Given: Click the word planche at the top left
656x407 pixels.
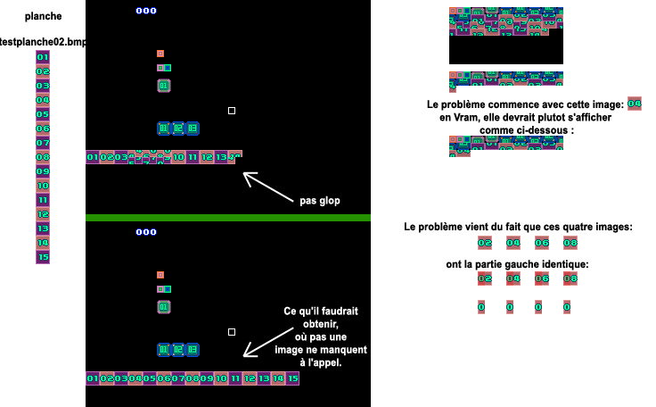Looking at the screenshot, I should (x=43, y=16).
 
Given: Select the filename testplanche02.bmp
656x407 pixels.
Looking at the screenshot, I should (x=45, y=42).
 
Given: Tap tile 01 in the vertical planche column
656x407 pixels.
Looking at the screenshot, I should (x=43, y=57).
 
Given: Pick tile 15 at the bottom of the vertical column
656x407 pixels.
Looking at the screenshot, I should (x=43, y=257).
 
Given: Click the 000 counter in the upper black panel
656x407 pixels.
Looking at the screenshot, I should (x=145, y=11).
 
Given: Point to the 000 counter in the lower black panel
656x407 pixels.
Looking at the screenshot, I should (x=145, y=232).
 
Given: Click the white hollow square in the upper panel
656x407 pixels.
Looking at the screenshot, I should (x=232, y=111).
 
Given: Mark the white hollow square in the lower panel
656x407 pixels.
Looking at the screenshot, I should (x=232, y=332).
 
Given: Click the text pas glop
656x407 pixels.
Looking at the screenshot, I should (x=319, y=201).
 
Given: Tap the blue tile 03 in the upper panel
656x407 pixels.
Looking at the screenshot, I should (x=193, y=129).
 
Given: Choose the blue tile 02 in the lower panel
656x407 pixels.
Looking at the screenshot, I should (x=178, y=350).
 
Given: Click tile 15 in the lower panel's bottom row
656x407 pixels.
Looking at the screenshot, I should (x=293, y=378).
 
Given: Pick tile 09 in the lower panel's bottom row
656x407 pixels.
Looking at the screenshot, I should (x=207, y=378).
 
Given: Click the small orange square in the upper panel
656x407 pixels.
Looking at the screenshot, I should (x=160, y=54).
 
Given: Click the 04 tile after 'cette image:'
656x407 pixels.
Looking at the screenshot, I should (x=635, y=104).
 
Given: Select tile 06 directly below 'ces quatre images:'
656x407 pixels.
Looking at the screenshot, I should (x=542, y=243).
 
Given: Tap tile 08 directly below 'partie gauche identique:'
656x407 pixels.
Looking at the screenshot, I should (x=570, y=278).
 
